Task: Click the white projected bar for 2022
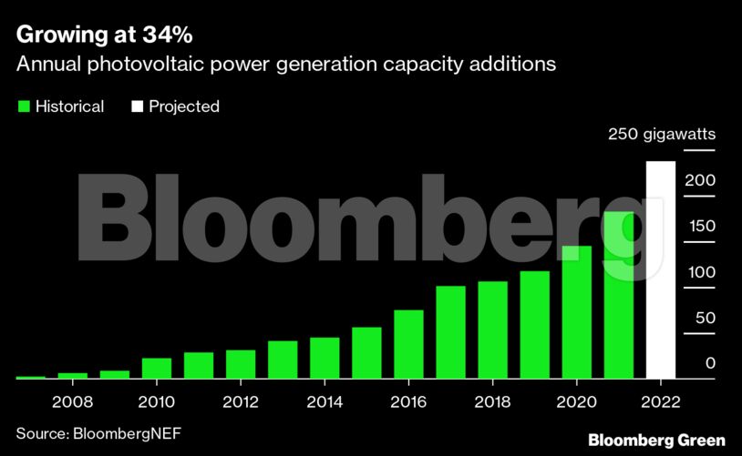(x=661, y=270)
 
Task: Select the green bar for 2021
(x=619, y=295)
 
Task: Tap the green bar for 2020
(x=577, y=312)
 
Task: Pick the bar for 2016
(x=408, y=344)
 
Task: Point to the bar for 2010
(x=157, y=368)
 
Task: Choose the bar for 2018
(x=492, y=329)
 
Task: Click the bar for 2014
(x=325, y=358)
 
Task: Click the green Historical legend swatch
(x=24, y=106)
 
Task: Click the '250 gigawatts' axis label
(x=662, y=135)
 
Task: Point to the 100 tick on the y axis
(x=702, y=272)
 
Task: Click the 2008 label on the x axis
(x=73, y=400)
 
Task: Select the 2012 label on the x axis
(x=241, y=400)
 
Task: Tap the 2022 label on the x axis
(x=661, y=400)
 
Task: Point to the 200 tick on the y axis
(x=702, y=180)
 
